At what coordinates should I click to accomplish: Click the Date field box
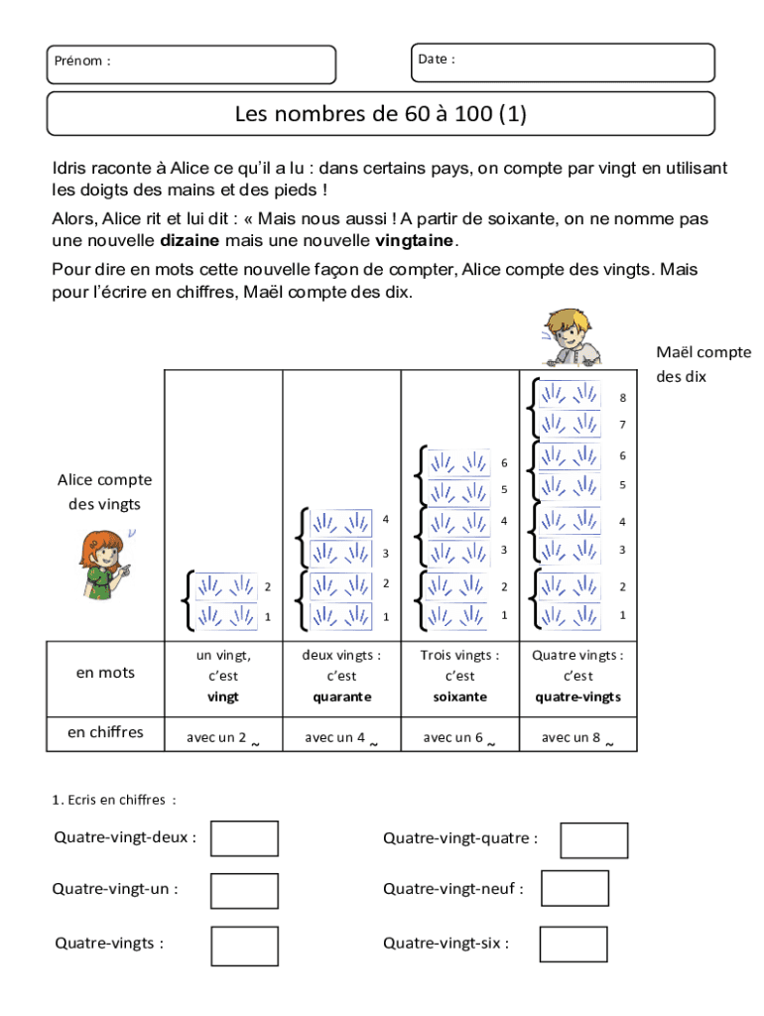point(562,62)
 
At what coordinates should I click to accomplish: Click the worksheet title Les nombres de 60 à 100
point(381,114)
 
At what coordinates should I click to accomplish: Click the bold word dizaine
point(191,241)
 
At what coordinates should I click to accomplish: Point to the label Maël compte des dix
point(702,364)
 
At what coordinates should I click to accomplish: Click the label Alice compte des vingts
point(104,492)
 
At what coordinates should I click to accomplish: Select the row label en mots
point(105,673)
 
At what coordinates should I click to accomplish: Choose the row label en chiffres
point(105,732)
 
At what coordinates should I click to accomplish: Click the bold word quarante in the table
point(341,697)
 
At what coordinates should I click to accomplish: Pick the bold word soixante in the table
point(460,697)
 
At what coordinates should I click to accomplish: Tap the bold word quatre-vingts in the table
point(577,697)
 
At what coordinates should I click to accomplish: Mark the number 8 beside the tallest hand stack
point(623,398)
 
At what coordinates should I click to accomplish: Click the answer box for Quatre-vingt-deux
point(244,838)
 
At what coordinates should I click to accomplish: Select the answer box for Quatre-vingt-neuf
point(574,888)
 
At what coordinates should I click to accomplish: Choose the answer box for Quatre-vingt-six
point(573,945)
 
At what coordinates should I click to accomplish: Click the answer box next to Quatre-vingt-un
point(244,890)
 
